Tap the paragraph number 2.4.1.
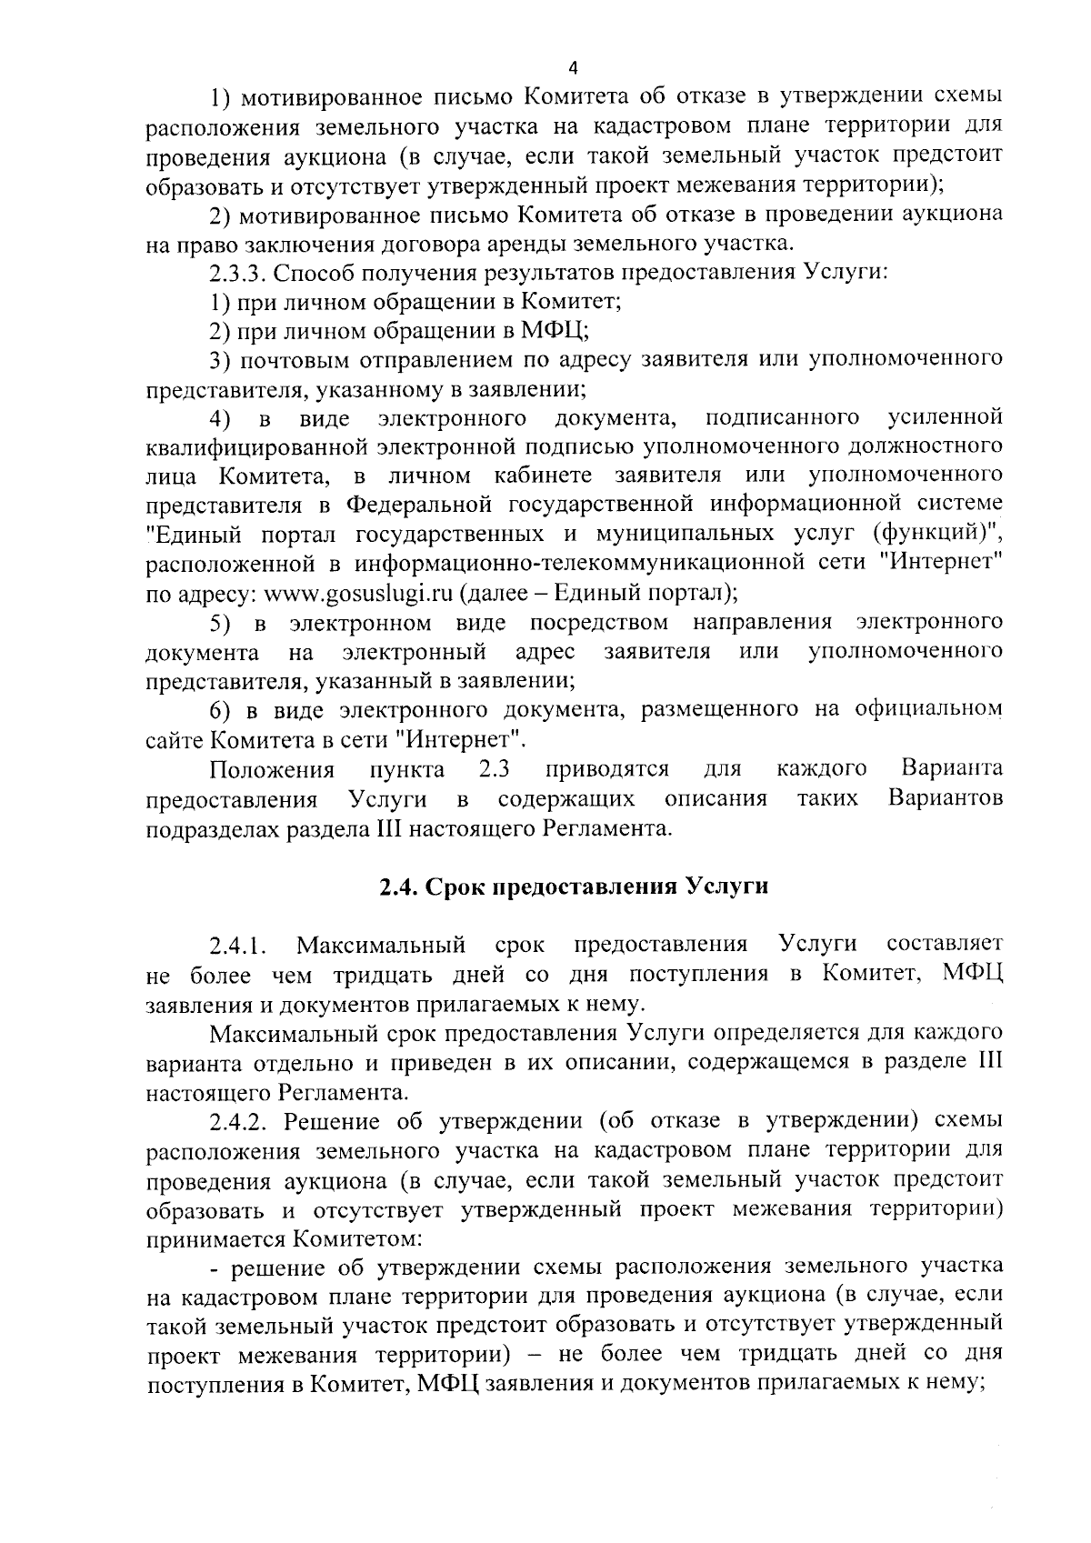[236, 947]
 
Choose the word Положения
[272, 769]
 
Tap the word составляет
[945, 945]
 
